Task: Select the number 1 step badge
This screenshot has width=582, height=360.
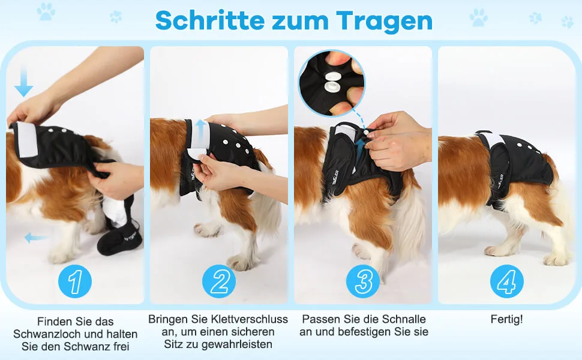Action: pos(75,281)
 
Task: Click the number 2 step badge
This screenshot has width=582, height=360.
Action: pos(219,281)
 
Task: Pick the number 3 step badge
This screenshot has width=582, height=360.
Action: pos(363,281)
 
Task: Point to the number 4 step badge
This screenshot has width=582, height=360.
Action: pos(507,281)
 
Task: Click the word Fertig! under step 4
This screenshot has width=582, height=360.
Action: pos(506,319)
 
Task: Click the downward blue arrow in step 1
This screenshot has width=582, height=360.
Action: pos(24,82)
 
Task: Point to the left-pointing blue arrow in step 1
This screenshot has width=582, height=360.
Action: pos(36,238)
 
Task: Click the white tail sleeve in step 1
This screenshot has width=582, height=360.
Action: pos(115,211)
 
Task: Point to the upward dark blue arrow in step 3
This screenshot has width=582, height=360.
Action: pos(359,148)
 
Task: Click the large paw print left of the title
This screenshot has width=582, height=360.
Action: pos(46,11)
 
